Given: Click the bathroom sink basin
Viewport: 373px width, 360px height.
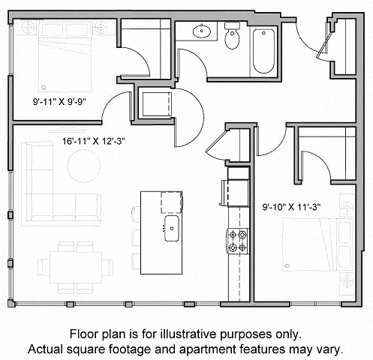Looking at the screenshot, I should (200, 32).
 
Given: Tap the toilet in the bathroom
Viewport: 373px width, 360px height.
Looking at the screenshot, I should (232, 38).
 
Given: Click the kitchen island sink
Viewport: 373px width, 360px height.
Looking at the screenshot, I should (171, 225).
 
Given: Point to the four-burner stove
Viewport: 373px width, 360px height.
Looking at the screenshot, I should (238, 240).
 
